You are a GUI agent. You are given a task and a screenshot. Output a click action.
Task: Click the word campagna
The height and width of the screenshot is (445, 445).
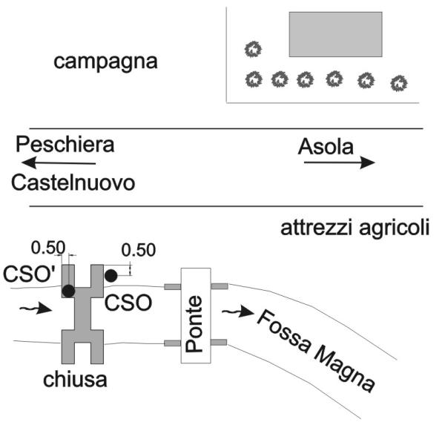tap(105, 62)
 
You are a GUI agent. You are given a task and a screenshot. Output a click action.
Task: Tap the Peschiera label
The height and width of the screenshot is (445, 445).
tap(65, 144)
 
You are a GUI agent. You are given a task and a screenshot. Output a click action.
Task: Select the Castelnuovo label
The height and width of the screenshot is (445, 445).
tap(73, 182)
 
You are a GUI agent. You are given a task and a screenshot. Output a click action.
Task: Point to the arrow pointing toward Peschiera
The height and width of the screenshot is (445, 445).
tap(59, 162)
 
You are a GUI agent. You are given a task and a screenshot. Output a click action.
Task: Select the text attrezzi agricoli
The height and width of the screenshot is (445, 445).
tap(355, 228)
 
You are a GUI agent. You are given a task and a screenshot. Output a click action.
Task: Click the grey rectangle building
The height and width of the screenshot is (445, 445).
tap(334, 34)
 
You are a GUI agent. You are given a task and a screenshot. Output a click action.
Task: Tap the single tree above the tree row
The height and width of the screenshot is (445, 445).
tap(254, 50)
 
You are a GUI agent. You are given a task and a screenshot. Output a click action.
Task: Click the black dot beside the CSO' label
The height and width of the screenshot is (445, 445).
tap(68, 291)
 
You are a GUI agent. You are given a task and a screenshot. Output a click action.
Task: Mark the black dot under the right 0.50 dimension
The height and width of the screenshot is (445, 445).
tap(111, 276)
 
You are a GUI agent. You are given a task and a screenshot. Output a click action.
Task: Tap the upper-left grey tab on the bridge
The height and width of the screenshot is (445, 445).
tap(173, 286)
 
